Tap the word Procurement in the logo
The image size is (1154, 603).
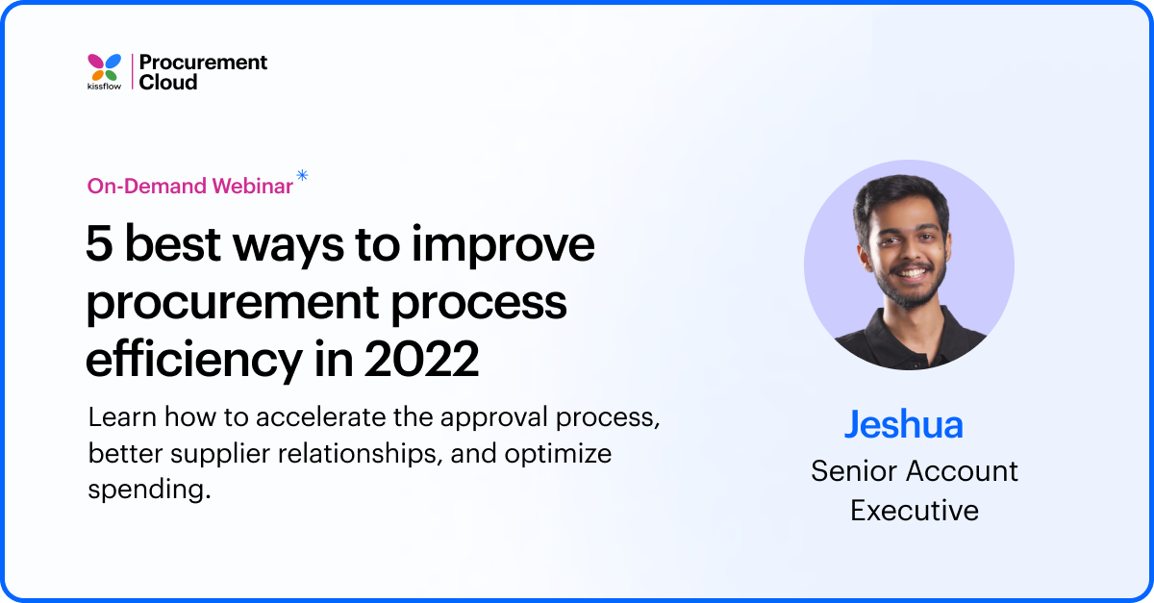[203, 63]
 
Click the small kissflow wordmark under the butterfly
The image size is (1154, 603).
[105, 87]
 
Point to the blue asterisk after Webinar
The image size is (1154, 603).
[302, 175]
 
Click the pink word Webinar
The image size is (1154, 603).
[251, 187]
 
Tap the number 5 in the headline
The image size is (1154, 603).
[99, 246]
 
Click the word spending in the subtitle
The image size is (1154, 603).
[148, 488]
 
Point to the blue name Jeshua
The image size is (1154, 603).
[903, 424]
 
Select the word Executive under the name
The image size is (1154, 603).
[914, 510]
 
